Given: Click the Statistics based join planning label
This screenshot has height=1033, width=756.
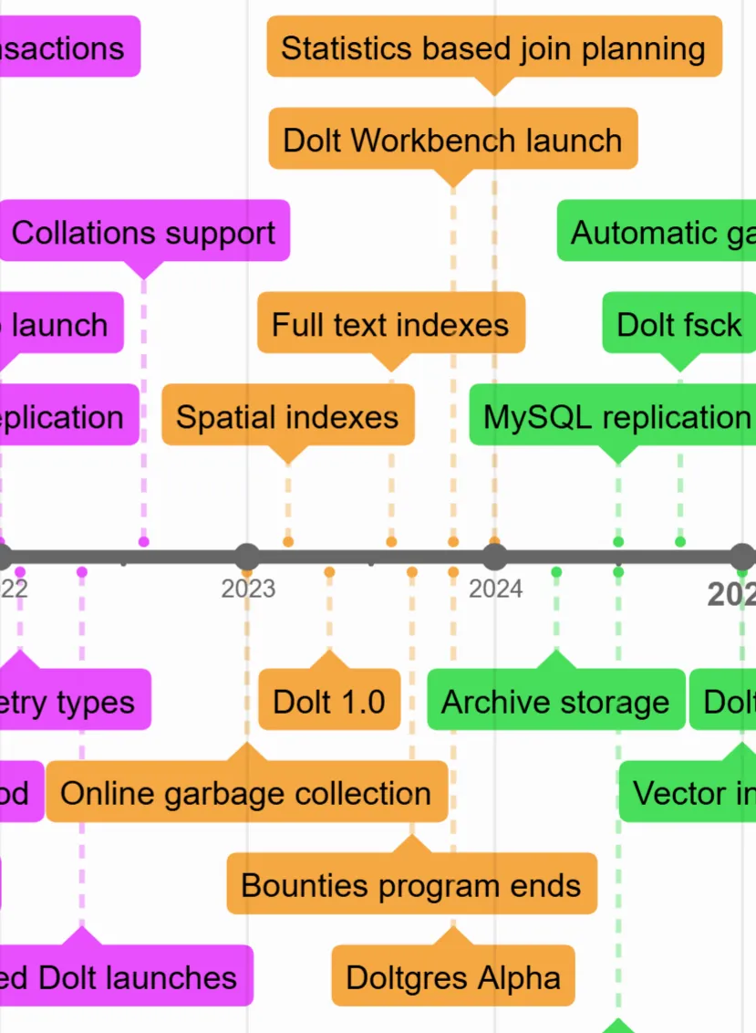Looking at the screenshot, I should [x=493, y=47].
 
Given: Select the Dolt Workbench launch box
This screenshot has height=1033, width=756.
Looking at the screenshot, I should [x=452, y=140].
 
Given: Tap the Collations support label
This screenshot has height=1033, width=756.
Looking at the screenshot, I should [x=143, y=232].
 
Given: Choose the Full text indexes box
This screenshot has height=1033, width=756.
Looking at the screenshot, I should [x=390, y=324].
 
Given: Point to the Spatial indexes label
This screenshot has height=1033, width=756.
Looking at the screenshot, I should [x=287, y=416].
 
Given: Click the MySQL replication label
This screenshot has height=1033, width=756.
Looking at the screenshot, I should [x=616, y=416].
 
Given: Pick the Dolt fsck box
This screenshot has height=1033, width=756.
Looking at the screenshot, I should [x=678, y=324].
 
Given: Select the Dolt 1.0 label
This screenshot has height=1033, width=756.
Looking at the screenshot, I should [x=329, y=701].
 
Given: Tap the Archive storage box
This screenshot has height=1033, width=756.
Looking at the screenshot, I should [x=555, y=701].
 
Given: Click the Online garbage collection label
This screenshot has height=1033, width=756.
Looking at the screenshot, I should [x=246, y=792].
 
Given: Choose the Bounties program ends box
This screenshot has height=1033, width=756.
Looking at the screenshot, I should [x=411, y=884].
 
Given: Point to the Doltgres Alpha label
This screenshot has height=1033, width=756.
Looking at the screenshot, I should [x=452, y=976].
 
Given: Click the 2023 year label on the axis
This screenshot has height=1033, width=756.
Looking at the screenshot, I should [x=248, y=590].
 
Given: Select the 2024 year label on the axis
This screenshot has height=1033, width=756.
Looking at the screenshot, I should [x=495, y=590].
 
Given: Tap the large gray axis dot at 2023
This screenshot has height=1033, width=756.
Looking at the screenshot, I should [x=247, y=557].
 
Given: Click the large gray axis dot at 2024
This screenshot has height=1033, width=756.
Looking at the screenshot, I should [x=494, y=557].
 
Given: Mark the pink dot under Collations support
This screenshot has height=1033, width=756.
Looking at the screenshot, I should [x=143, y=542].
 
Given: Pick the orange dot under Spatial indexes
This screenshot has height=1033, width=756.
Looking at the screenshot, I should [x=288, y=542].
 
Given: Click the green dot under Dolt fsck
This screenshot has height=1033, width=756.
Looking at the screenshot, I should [x=679, y=542].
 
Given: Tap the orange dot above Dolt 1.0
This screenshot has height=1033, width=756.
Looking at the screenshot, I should [x=329, y=572].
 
